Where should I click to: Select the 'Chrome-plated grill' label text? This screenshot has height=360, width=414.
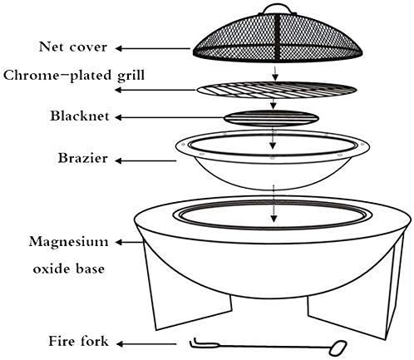(x=74, y=76)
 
